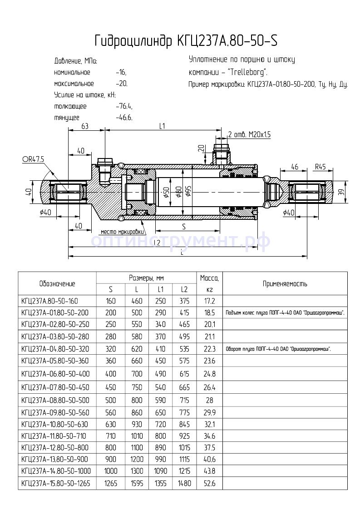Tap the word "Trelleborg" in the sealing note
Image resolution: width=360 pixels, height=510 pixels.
point(247,72)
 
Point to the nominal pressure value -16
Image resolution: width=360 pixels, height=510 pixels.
point(121,72)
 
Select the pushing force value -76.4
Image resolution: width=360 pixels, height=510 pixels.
point(124,106)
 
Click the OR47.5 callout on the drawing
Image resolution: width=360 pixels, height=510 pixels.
point(33,159)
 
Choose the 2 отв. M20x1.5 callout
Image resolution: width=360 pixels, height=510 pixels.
point(249,134)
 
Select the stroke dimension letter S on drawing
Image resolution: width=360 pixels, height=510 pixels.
point(183,226)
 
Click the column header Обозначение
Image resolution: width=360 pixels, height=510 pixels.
point(57,284)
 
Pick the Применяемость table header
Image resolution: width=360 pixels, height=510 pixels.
point(285,284)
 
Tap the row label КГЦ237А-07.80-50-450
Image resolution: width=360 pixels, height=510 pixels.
point(55,387)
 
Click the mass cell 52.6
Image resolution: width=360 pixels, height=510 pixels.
point(209,484)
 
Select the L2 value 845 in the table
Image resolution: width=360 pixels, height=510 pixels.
point(184,425)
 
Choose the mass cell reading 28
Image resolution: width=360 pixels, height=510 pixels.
point(209,400)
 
